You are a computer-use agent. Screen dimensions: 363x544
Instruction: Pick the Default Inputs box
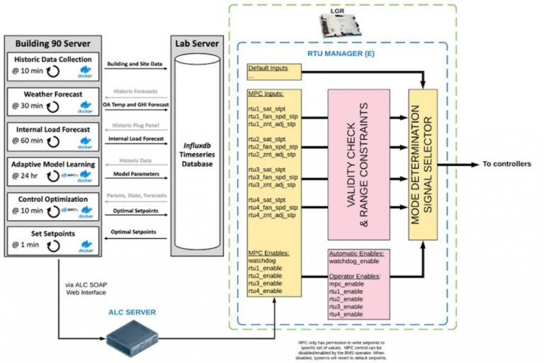tap(273, 72)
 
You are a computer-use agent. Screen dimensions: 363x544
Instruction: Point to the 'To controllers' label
tap(506, 164)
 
